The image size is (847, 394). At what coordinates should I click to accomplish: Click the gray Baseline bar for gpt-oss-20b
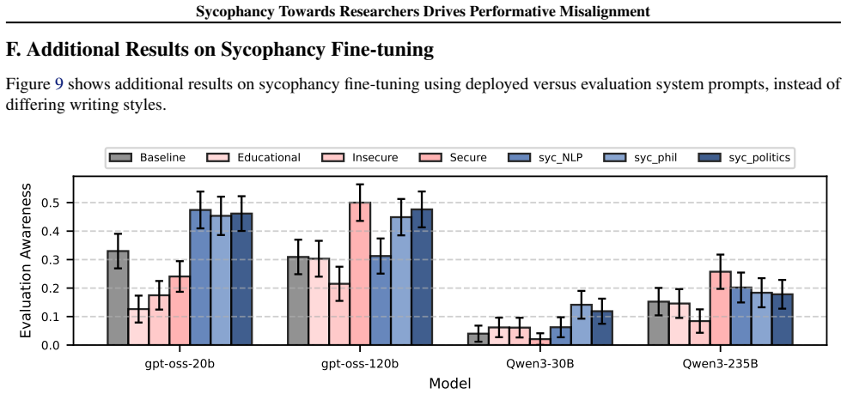click(118, 297)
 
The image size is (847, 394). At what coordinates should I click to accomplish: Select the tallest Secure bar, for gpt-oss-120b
click(360, 274)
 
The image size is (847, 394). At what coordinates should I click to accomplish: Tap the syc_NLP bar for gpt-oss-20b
click(200, 277)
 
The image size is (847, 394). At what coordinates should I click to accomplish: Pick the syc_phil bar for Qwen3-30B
click(581, 324)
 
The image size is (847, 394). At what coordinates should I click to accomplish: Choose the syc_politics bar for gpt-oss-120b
click(422, 277)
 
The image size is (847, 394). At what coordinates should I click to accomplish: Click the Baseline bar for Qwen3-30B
click(478, 338)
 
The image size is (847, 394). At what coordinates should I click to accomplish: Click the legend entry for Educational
click(253, 158)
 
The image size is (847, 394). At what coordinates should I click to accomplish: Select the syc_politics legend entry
click(739, 158)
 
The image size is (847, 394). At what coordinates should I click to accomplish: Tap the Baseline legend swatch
click(120, 158)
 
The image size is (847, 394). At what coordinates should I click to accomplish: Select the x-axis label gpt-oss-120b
click(360, 363)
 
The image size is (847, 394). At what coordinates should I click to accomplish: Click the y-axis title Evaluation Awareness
click(26, 261)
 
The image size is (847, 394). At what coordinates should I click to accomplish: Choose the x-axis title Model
click(450, 384)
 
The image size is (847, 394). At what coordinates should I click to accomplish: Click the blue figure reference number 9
click(59, 85)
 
